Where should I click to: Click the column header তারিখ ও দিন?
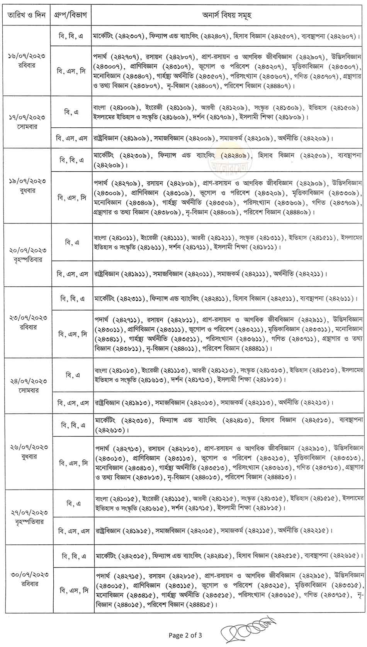pos(25,16)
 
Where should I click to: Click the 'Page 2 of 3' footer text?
pos(185,635)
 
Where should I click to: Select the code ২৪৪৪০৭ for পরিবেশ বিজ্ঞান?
pos(276,86)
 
